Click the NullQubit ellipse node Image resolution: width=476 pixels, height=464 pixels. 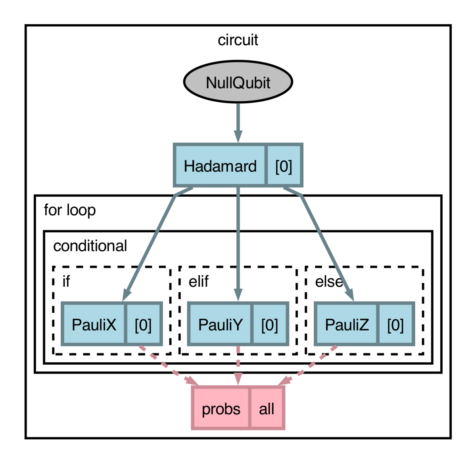238,82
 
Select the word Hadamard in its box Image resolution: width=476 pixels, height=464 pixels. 220,166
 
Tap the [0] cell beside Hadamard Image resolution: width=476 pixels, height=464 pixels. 284,166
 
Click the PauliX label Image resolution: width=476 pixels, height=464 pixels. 94,325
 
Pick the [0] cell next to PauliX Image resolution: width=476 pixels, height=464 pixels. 143,325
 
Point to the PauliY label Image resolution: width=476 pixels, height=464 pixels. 220,325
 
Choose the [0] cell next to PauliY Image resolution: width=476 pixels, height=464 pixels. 269,325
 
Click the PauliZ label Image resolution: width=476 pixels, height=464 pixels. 347,325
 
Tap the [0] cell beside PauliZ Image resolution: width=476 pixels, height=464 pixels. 395,325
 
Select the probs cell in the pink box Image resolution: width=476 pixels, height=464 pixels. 221,409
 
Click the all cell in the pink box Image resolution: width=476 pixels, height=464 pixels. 267,409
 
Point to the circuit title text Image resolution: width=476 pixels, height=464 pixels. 238,40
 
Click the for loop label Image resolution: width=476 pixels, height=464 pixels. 70,210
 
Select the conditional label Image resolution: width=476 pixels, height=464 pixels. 90,246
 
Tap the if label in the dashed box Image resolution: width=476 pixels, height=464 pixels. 66,281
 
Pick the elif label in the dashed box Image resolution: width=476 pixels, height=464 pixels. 198,281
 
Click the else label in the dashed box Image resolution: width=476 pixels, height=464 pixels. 328,281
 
